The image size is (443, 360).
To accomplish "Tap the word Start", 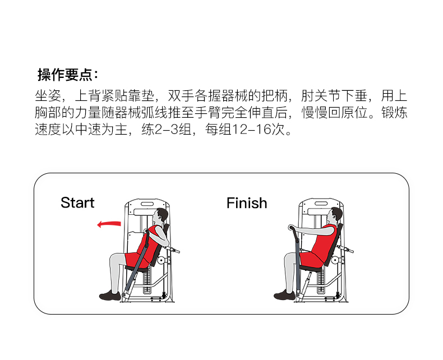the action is pyautogui.click(x=77, y=202).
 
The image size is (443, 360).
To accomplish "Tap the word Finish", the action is pyautogui.click(x=247, y=203).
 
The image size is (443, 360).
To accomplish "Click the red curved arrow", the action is pyautogui.click(x=109, y=224).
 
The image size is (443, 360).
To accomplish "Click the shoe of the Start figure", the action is pyautogui.click(x=110, y=296).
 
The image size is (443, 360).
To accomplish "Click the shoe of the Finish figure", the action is pyautogui.click(x=284, y=295).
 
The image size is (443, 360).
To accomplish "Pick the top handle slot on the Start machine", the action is pyautogui.click(x=147, y=204).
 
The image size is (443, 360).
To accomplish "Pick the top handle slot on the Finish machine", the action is pyautogui.click(x=321, y=204).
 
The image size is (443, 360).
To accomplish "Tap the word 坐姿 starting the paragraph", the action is pyautogui.click(x=48, y=95).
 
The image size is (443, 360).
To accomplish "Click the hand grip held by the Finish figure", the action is pyautogui.click(x=291, y=228).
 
